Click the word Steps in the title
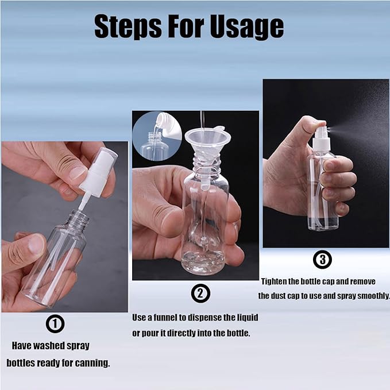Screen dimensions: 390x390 (126, 26)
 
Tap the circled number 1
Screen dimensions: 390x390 (55, 325)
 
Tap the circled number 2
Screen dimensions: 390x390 (200, 294)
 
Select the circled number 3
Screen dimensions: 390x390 (322, 260)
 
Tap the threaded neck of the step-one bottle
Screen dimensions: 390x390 (79, 219)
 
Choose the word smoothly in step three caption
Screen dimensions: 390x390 (371, 296)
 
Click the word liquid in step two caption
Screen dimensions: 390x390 (245, 318)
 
